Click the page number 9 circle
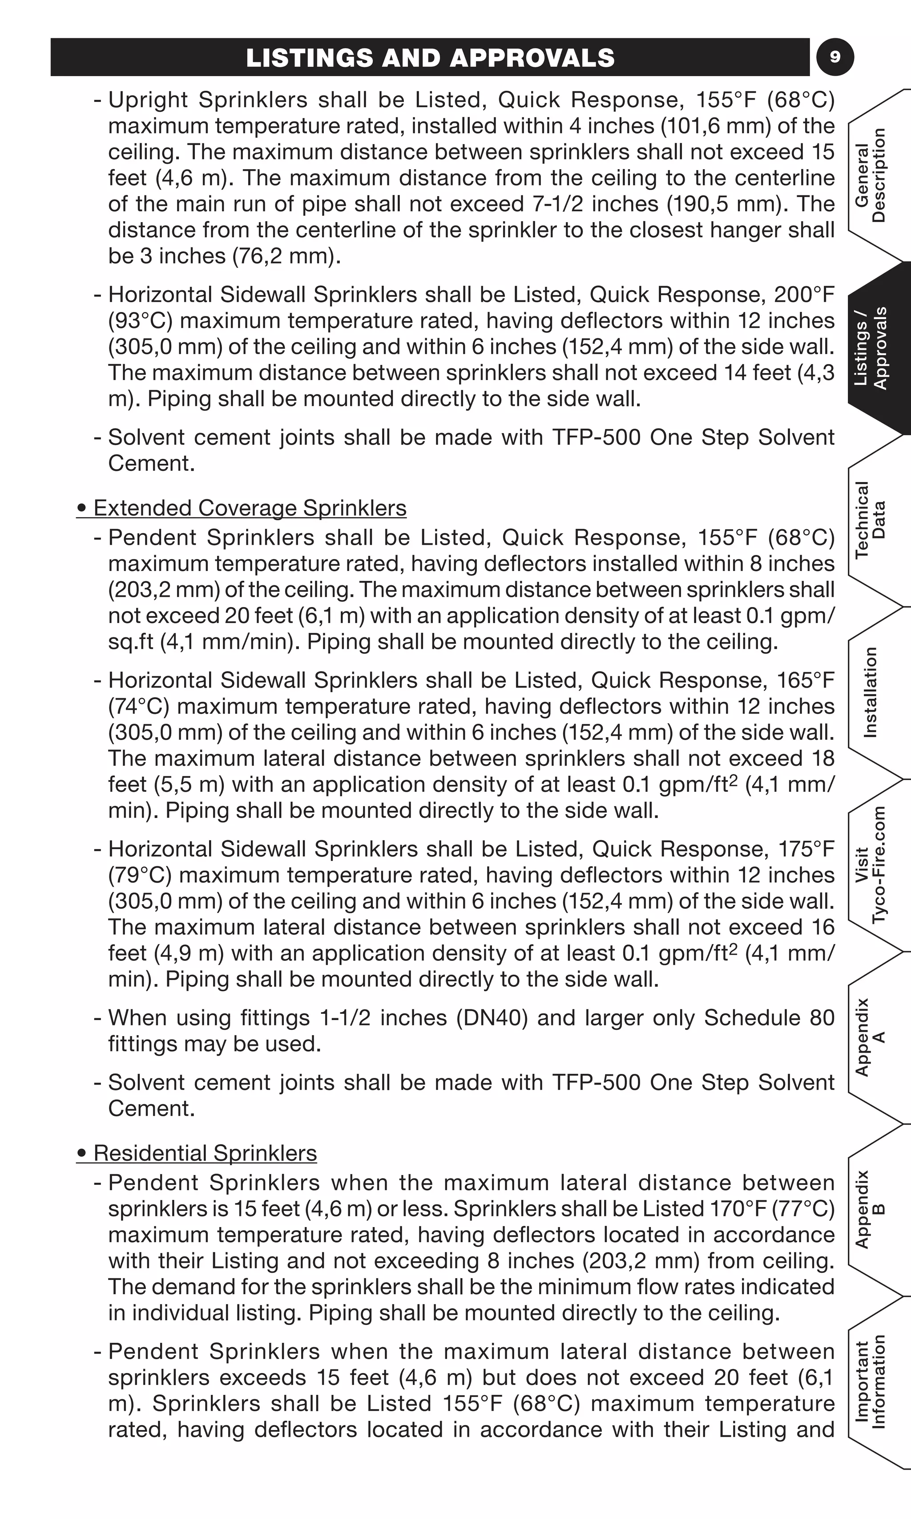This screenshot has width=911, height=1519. [x=835, y=57]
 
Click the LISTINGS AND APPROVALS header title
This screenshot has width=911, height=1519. [x=430, y=58]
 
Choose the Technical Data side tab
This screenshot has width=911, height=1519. [x=871, y=520]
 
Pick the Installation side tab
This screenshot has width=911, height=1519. [x=871, y=692]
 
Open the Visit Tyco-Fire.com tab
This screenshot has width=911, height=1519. [x=871, y=865]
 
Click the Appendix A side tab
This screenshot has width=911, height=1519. [x=871, y=1037]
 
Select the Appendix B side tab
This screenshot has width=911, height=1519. [x=871, y=1209]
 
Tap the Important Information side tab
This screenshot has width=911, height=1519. [x=871, y=1382]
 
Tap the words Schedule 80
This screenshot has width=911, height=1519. [x=769, y=1018]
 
